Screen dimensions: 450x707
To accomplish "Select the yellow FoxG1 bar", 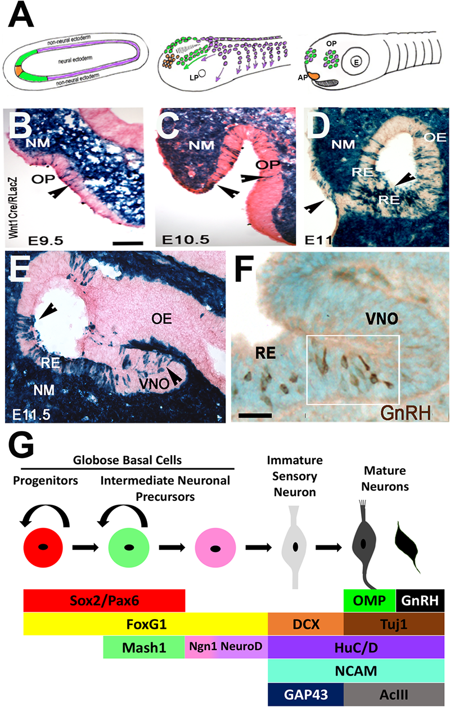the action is (145, 624).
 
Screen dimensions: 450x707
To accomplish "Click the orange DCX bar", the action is (305, 624).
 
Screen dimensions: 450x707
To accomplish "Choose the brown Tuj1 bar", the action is (394, 624).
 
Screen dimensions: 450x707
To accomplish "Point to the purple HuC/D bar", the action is (356, 647).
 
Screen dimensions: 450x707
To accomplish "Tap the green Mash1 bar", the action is (144, 647).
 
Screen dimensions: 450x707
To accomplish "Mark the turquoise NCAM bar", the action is (356, 670).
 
